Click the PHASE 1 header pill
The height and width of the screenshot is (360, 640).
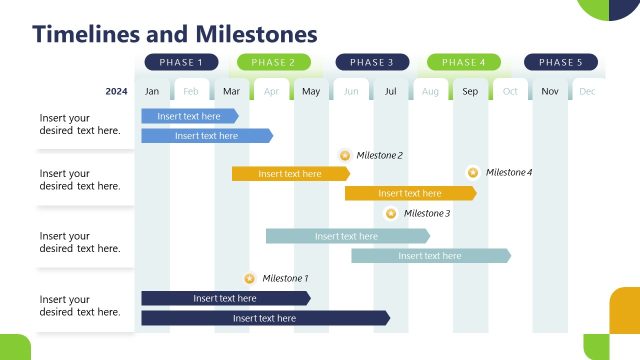181,62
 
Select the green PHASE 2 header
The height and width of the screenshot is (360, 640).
273,62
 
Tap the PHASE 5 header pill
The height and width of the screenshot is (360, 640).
560,62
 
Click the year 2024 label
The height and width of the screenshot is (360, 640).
116,92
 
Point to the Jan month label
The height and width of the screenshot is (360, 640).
152,92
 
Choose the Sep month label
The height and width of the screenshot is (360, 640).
470,92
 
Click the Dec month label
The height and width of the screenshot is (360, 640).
587,92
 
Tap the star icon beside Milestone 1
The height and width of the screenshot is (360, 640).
249,279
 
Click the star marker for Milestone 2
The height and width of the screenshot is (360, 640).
345,156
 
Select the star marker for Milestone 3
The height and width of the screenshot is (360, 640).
391,213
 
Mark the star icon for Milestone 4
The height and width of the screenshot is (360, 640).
473,172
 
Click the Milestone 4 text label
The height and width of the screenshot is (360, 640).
509,172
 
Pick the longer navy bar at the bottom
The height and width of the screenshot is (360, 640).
264,318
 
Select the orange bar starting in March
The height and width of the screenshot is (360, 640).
290,174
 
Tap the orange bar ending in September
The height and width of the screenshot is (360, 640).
410,193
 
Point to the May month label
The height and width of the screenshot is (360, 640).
311,92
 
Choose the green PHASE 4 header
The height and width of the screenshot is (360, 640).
463,62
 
